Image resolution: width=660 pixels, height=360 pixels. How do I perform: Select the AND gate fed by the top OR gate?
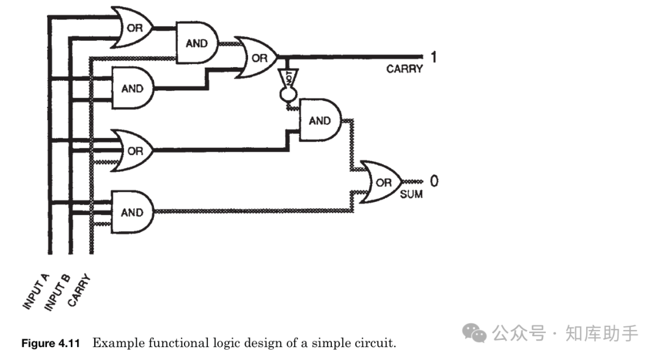pyautogui.click(x=196, y=43)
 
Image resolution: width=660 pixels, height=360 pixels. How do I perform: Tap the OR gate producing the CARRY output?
pyautogui.click(x=259, y=58)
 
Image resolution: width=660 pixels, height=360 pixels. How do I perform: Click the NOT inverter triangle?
pyautogui.click(x=285, y=78)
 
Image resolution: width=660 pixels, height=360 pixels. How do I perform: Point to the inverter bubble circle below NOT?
pyautogui.click(x=286, y=95)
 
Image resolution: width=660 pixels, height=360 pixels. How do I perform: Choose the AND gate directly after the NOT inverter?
pyautogui.click(x=319, y=120)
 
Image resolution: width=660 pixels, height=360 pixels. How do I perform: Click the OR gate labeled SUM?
pyautogui.click(x=382, y=182)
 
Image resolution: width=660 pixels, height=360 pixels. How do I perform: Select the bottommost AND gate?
pyautogui.click(x=132, y=212)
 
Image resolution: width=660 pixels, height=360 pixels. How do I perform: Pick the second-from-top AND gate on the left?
pyautogui.click(x=132, y=88)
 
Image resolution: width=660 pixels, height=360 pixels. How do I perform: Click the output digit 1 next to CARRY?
pyautogui.click(x=434, y=57)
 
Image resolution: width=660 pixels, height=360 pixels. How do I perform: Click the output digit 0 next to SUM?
pyautogui.click(x=434, y=181)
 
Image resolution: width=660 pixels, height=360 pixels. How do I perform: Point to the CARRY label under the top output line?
pyautogui.click(x=404, y=69)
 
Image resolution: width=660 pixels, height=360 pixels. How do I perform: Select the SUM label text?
pyautogui.click(x=411, y=195)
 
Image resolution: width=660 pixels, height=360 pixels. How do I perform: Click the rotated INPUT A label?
pyautogui.click(x=36, y=293)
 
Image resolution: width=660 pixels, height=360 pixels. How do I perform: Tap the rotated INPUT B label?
pyautogui.click(x=57, y=292)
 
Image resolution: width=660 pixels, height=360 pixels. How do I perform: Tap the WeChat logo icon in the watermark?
pyautogui.click(x=474, y=333)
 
